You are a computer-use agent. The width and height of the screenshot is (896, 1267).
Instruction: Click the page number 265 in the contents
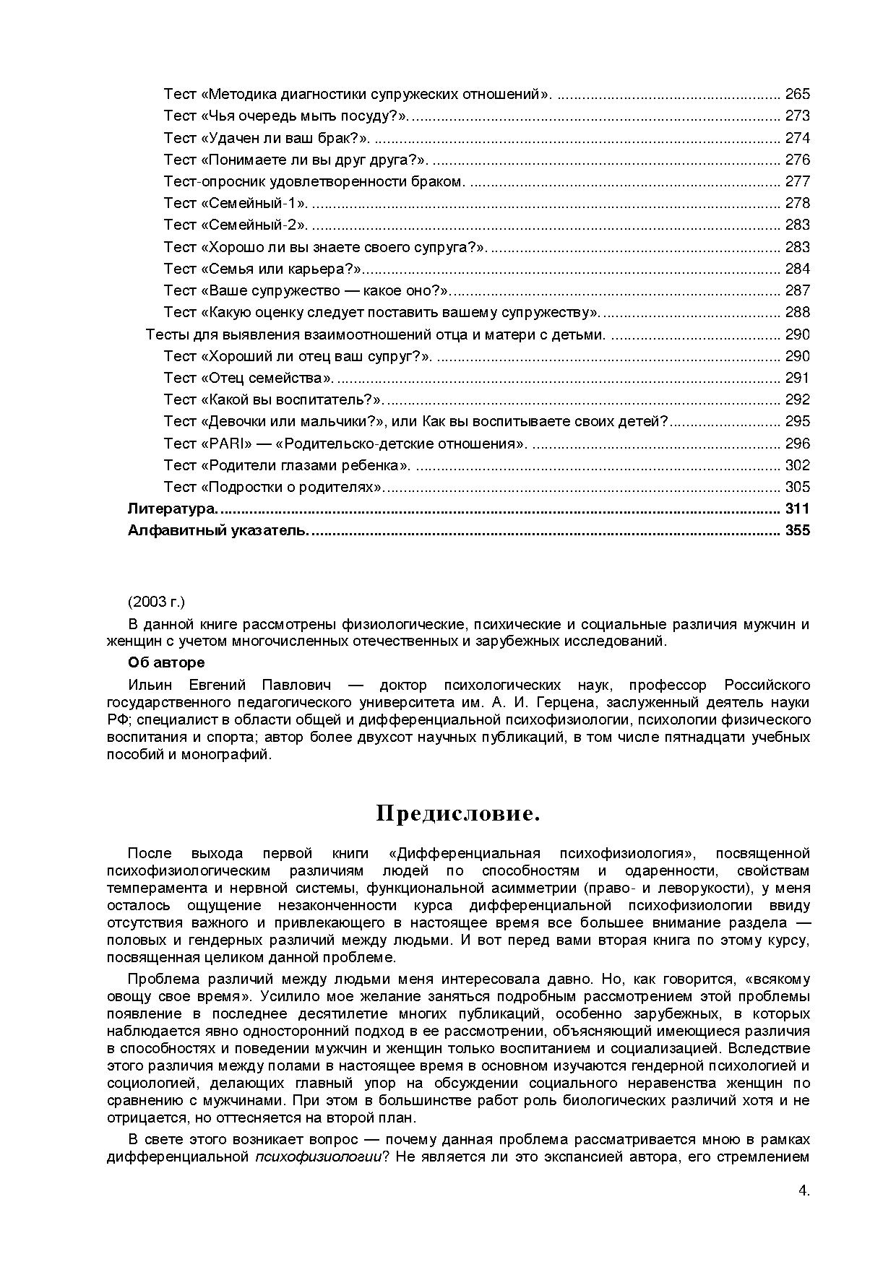click(x=797, y=94)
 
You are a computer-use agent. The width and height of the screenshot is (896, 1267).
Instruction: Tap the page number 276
click(x=797, y=160)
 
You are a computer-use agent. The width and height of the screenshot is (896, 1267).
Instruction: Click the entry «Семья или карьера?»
click(x=263, y=269)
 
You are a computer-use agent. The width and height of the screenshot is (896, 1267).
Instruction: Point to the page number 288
click(x=797, y=312)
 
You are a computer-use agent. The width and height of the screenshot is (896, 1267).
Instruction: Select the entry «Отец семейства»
click(x=249, y=378)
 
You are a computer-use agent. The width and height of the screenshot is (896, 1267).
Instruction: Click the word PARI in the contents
click(x=228, y=444)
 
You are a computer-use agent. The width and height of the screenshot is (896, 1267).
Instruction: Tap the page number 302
click(x=797, y=465)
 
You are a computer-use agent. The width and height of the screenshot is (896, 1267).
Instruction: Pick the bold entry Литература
click(x=172, y=509)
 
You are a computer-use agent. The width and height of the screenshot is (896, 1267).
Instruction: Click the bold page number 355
click(x=797, y=531)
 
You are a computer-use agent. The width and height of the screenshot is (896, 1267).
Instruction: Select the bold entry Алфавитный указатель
click(x=217, y=531)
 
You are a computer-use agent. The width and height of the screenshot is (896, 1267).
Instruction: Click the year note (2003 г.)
click(x=156, y=602)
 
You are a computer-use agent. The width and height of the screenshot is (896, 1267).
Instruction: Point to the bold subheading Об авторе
click(x=166, y=662)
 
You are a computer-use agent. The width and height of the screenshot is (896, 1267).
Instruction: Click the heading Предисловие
click(x=458, y=814)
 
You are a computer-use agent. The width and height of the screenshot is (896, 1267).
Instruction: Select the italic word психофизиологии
click(x=319, y=1156)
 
